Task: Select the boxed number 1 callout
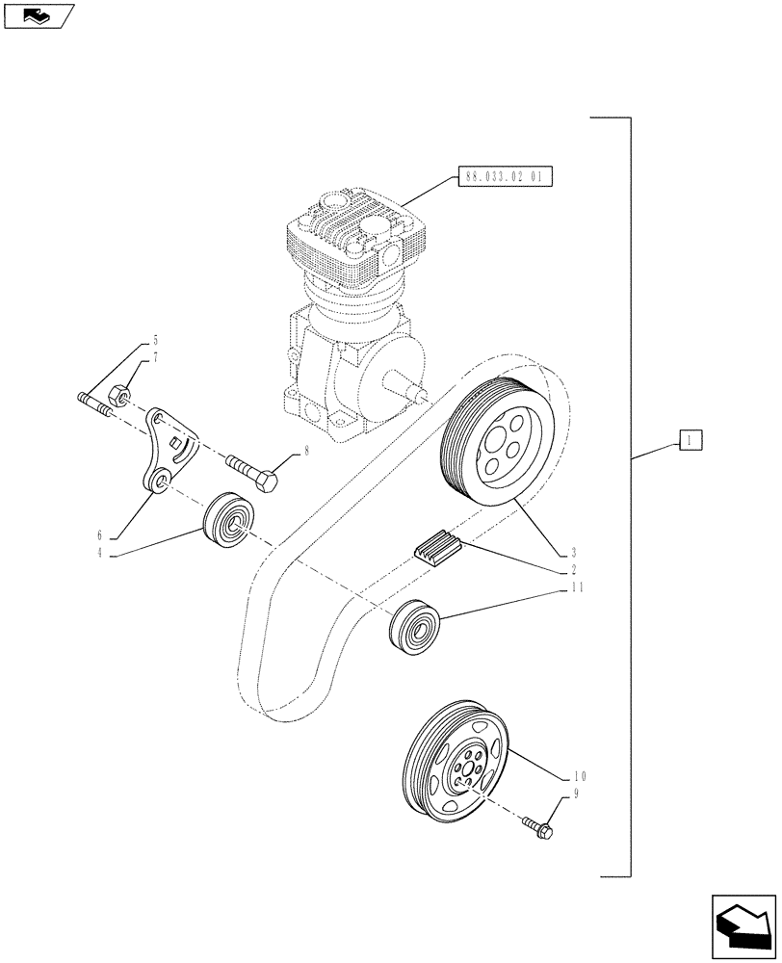coord(691,441)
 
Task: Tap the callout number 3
coord(573,553)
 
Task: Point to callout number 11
coord(576,586)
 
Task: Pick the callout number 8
coord(306,450)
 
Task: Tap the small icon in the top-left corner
coord(38,14)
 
